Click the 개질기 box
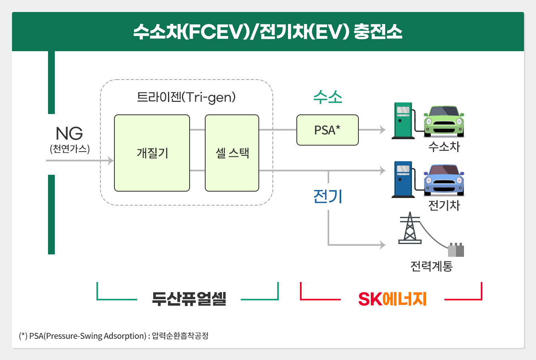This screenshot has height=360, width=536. [x=152, y=153]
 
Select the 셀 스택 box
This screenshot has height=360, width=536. [x=232, y=153]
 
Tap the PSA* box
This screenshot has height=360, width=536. [x=327, y=130]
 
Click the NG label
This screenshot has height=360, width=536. [x=69, y=134]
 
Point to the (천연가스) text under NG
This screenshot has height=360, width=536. [x=70, y=149]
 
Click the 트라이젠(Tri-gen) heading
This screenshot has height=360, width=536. [x=186, y=97]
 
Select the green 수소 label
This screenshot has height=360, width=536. [x=328, y=97]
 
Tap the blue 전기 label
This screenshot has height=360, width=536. [x=328, y=196]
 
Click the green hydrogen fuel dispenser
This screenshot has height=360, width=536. [x=403, y=121]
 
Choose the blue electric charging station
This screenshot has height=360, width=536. [x=403, y=180]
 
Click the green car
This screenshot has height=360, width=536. [x=444, y=121]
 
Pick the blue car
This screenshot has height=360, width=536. [x=444, y=180]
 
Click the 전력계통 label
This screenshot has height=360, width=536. [x=431, y=266]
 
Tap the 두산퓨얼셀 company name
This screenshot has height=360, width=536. [x=189, y=299]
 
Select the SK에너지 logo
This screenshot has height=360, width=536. [x=392, y=299]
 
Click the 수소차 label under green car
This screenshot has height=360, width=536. [x=444, y=147]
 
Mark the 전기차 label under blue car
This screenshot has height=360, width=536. [x=444, y=206]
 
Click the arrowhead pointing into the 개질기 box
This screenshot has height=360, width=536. [x=110, y=161]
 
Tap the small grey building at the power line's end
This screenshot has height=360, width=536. [x=456, y=250]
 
